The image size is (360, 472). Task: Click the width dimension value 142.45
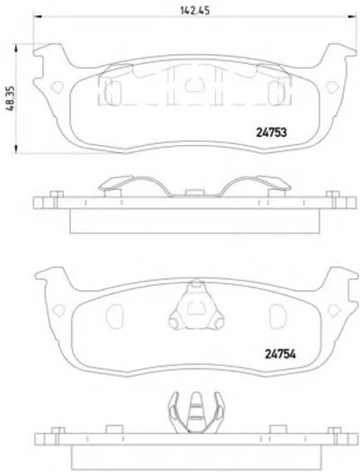coord(194,10)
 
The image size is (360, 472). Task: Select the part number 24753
coord(271,132)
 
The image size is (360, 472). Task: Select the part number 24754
coord(280,354)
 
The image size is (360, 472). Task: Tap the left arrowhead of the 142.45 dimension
coord(37,17)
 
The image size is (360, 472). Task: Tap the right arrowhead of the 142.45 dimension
coord(352,17)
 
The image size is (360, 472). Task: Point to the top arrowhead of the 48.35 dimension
coord(16,48)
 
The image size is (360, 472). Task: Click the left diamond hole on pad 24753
coord(57,87)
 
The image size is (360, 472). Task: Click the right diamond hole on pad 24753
coord(333,87)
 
